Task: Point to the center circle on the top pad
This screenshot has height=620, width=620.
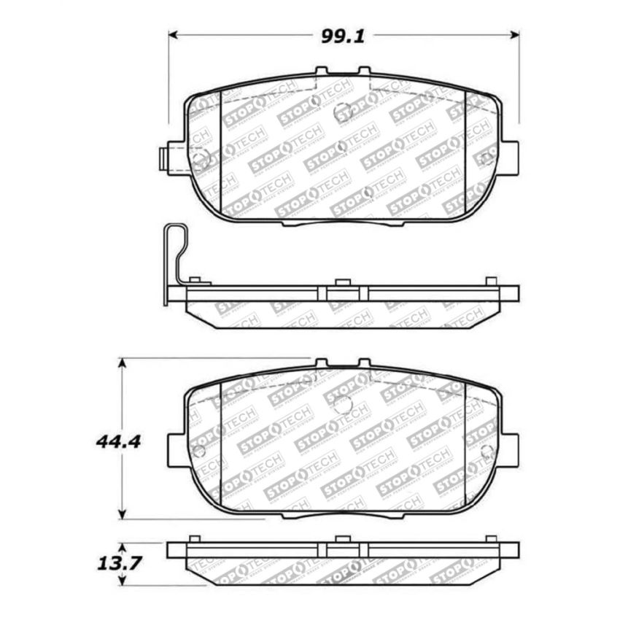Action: click(x=343, y=112)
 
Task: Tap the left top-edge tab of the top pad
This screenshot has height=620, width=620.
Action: click(x=321, y=71)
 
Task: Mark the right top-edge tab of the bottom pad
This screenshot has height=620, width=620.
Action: click(x=364, y=363)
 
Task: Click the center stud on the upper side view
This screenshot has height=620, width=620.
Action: click(x=341, y=282)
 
